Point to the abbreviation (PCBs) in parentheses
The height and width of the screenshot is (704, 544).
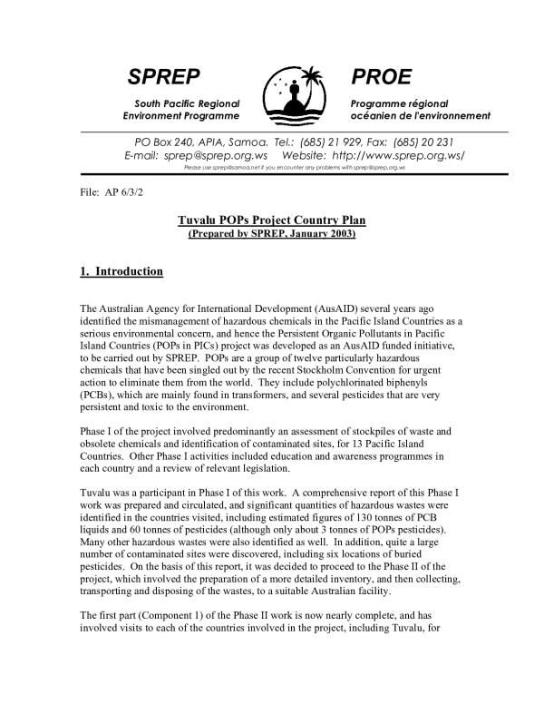[97, 395]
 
